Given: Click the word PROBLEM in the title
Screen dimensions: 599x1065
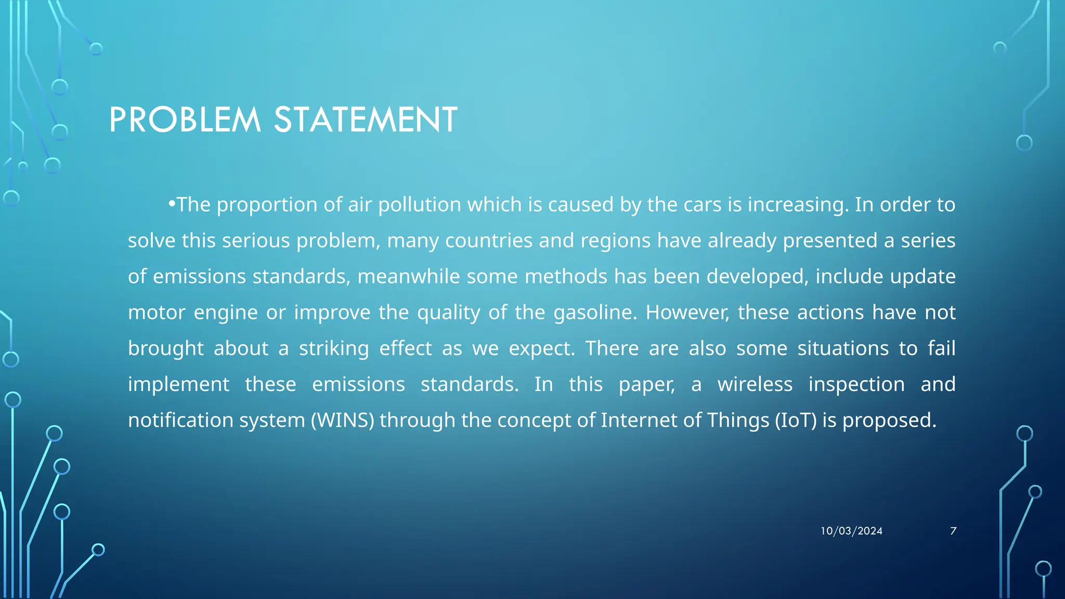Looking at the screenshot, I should tap(185, 120).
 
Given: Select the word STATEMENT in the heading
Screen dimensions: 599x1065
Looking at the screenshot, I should tap(366, 120).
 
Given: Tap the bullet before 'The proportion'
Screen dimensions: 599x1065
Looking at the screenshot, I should tap(172, 204).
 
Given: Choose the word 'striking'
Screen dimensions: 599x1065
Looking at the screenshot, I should tap(334, 348).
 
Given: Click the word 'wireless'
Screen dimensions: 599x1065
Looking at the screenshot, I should tap(755, 384).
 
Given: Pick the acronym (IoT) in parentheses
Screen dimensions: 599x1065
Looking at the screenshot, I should tap(796, 420).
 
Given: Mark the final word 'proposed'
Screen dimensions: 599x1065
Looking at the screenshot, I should tap(889, 420).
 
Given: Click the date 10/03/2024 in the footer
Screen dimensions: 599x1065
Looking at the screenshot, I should tap(851, 531).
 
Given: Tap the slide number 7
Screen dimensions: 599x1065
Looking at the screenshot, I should tap(953, 531).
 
